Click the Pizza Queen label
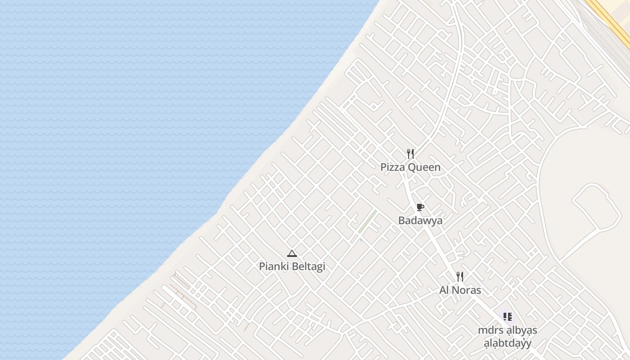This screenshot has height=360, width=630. point(410,167)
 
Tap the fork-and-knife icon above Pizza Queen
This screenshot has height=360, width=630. point(410,154)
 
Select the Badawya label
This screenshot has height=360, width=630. point(420,220)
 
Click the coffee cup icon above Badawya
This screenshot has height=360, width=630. point(420,207)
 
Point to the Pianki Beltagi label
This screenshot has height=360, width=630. point(292,266)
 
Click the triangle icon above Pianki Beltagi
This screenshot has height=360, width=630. point(292,254)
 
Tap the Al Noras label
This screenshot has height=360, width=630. point(460,290)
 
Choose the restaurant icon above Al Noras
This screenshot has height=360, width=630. point(459,276)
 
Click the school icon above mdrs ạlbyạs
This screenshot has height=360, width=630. point(508,317)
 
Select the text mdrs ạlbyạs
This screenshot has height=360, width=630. point(508,330)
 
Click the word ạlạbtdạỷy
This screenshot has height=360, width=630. point(508,343)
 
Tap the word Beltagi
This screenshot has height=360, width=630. point(308,266)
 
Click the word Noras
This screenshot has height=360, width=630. point(467,290)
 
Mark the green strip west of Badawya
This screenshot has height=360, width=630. point(368,221)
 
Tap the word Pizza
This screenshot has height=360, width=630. point(393,167)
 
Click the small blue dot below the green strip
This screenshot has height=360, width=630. point(361,240)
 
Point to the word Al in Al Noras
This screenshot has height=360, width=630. point(444,290)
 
